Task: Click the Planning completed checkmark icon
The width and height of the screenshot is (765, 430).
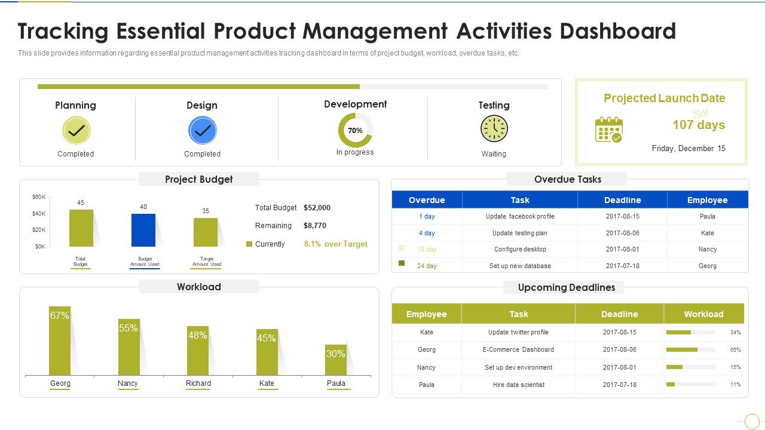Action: point(76,130)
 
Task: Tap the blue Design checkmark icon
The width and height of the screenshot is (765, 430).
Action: point(203,130)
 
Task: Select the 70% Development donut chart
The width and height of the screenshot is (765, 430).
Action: point(355,130)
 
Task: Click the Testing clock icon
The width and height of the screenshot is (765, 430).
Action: point(494,129)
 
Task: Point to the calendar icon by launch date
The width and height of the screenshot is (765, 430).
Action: point(608,130)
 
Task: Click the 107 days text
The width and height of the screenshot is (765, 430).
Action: point(699,125)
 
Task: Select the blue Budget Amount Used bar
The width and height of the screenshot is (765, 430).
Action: point(143,230)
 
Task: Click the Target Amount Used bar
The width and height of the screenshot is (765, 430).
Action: point(206,232)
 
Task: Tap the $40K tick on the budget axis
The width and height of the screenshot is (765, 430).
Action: point(39,214)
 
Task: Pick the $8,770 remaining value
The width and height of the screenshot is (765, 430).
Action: point(315,226)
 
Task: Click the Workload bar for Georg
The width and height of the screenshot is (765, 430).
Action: point(60,340)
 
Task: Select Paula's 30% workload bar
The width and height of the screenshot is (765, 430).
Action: point(336,360)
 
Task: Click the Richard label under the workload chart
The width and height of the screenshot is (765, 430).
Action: point(198,383)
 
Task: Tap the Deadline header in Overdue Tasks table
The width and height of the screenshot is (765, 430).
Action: point(622,200)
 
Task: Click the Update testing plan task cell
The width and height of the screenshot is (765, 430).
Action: point(520,233)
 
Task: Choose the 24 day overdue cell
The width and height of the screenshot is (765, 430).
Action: point(427,266)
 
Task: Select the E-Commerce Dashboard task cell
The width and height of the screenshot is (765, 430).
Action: point(518,349)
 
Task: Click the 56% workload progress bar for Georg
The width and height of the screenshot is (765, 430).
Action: point(690,350)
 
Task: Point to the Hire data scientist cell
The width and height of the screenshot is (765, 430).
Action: point(518,385)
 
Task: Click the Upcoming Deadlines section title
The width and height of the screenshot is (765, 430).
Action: point(566,287)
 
